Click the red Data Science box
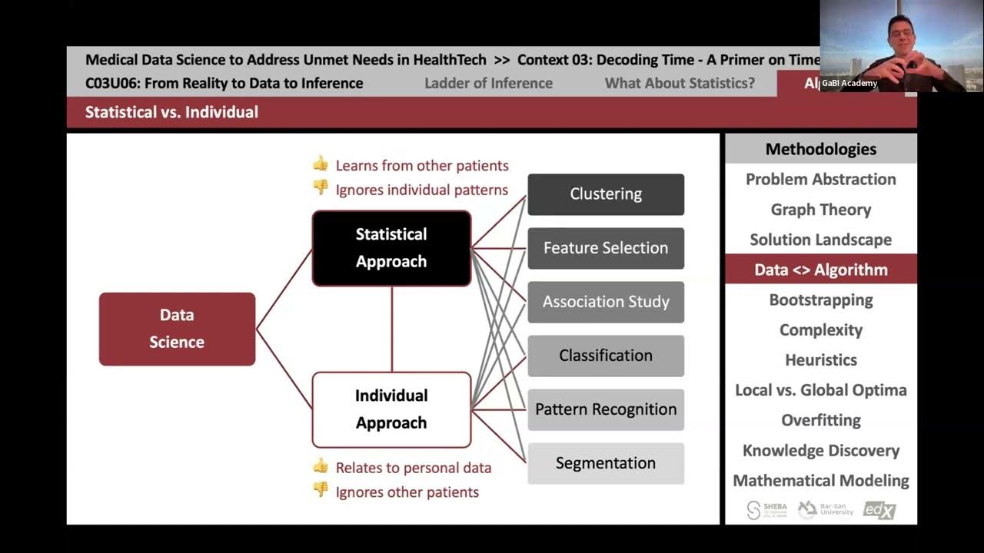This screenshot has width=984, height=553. pos(177,329)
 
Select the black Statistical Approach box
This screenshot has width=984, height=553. pos(391,248)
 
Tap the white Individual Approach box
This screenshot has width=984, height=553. pos(391,409)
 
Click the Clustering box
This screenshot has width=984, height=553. pos(606,194)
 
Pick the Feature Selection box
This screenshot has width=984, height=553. pos(606,248)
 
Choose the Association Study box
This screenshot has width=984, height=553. pos(606,302)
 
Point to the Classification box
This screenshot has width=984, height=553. pos(606,356)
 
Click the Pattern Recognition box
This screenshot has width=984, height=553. pos(606,409)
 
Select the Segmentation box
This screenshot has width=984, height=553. pos(606,463)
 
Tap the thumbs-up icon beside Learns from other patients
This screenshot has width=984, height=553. pos(321,164)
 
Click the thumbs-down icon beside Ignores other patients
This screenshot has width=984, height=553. pos(321,489)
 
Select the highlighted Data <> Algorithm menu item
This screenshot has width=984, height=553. pos(821,270)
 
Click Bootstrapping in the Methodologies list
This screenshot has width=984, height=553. pos(821,300)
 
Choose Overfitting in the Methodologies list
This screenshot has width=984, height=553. pos(821,420)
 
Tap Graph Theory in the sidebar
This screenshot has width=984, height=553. pos(821,210)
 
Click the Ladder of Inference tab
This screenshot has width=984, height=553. pos(488,83)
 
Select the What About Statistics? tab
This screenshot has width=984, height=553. pos(680,83)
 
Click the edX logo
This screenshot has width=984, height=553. pos(879,509)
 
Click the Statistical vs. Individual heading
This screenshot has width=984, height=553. pos(171,112)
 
